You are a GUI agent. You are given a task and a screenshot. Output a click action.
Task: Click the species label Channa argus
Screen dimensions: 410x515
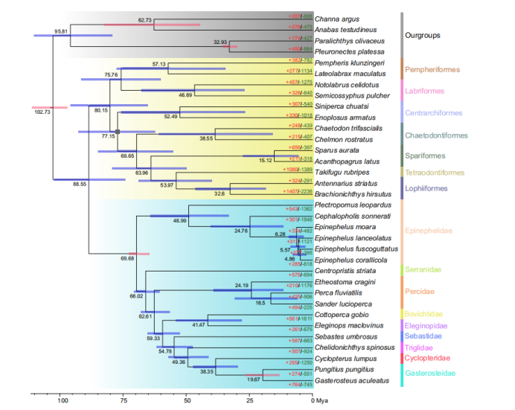[336, 17]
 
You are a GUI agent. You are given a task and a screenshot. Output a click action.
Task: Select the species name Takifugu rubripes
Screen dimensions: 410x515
[343, 172]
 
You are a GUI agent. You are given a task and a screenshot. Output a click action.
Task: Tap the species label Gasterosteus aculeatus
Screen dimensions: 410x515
[351, 380]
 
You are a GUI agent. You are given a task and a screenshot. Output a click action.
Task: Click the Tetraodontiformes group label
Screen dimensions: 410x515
[435, 172]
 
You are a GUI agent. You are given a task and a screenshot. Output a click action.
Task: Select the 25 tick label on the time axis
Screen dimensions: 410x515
[250, 400]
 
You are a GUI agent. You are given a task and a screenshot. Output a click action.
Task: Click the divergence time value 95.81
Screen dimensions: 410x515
[62, 31]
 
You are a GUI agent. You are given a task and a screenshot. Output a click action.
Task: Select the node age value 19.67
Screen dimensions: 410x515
[254, 379]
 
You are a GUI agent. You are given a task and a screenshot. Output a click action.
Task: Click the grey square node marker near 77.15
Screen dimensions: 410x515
[118, 131]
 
